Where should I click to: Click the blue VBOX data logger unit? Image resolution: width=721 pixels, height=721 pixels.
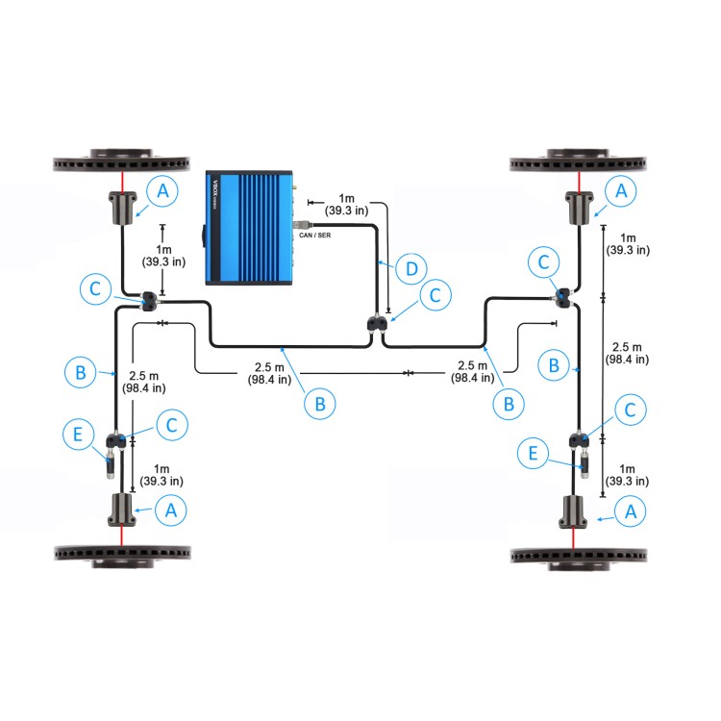(249, 227)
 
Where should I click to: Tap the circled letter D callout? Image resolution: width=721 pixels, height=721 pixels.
(411, 268)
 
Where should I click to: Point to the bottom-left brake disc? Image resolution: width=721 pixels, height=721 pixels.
(125, 555)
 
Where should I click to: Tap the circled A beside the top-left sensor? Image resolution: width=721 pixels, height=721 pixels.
(163, 191)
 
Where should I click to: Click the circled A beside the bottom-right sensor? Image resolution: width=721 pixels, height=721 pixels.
(631, 512)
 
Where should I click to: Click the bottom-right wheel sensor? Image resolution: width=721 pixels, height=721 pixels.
(580, 510)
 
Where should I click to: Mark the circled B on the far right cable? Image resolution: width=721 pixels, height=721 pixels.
(554, 365)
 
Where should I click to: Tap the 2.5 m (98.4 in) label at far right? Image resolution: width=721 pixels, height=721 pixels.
(632, 352)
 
